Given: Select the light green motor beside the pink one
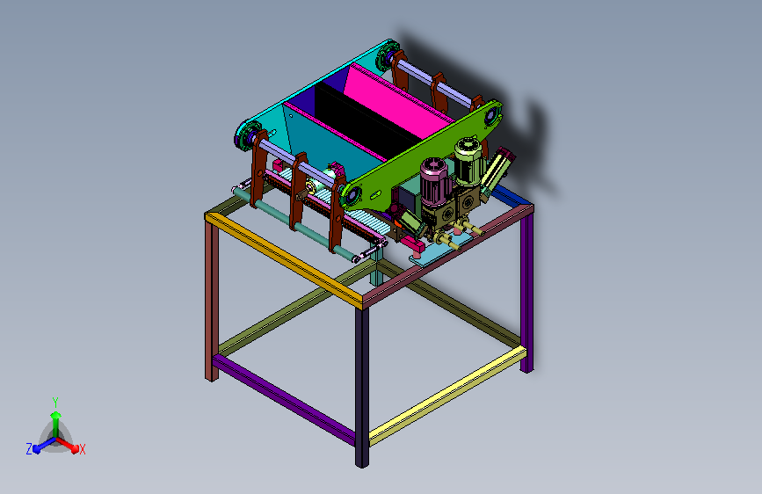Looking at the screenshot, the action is click(468, 162).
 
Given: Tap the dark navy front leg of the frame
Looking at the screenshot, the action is click(361, 387).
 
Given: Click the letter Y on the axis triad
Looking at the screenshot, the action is click(55, 403).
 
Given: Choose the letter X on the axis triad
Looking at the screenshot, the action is click(82, 449).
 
